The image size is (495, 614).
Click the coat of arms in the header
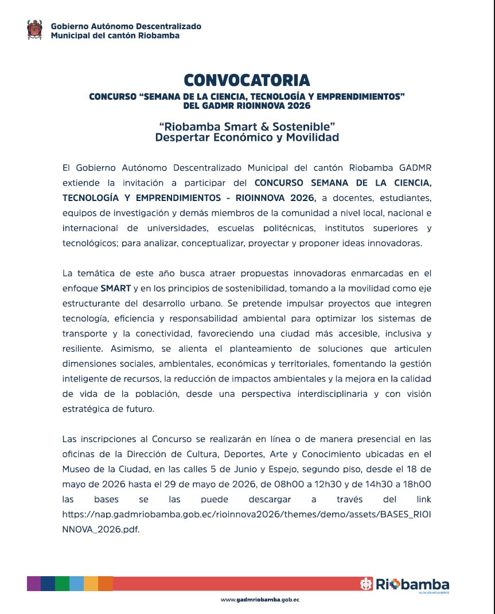tap(34, 30)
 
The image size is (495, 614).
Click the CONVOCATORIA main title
tap(247, 80)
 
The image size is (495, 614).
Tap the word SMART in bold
tap(115, 288)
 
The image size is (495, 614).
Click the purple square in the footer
tap(34, 584)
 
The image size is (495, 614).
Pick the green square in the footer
tap(62, 584)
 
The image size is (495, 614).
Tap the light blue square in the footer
tap(76, 584)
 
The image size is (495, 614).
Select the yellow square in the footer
tap(91, 584)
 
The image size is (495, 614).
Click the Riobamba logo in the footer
tap(404, 585)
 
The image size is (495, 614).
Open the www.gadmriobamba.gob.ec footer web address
tap(260, 600)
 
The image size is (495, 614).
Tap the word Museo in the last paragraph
tap(77, 469)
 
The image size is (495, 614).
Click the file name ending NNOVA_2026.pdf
tap(101, 529)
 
